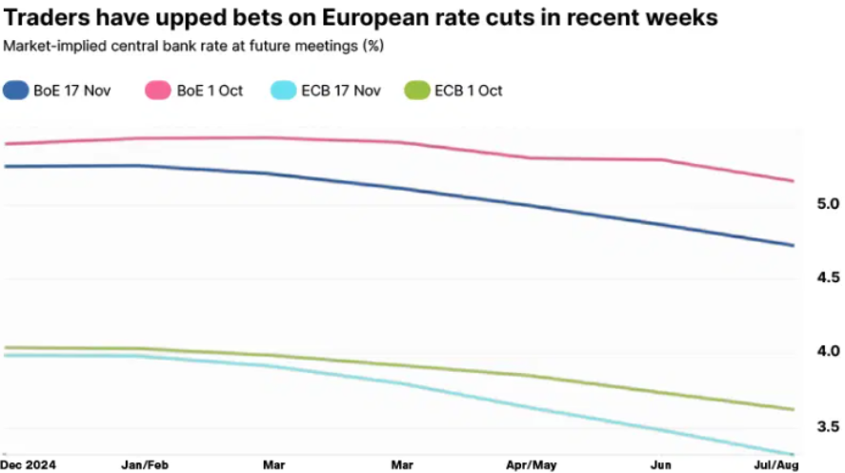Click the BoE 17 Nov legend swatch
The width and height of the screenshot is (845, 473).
pyautogui.click(x=16, y=91)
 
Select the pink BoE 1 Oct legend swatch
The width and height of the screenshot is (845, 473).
pyautogui.click(x=157, y=91)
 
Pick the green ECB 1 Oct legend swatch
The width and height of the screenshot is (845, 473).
pyautogui.click(x=416, y=91)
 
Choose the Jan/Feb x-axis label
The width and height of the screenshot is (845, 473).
pyautogui.click(x=144, y=464)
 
